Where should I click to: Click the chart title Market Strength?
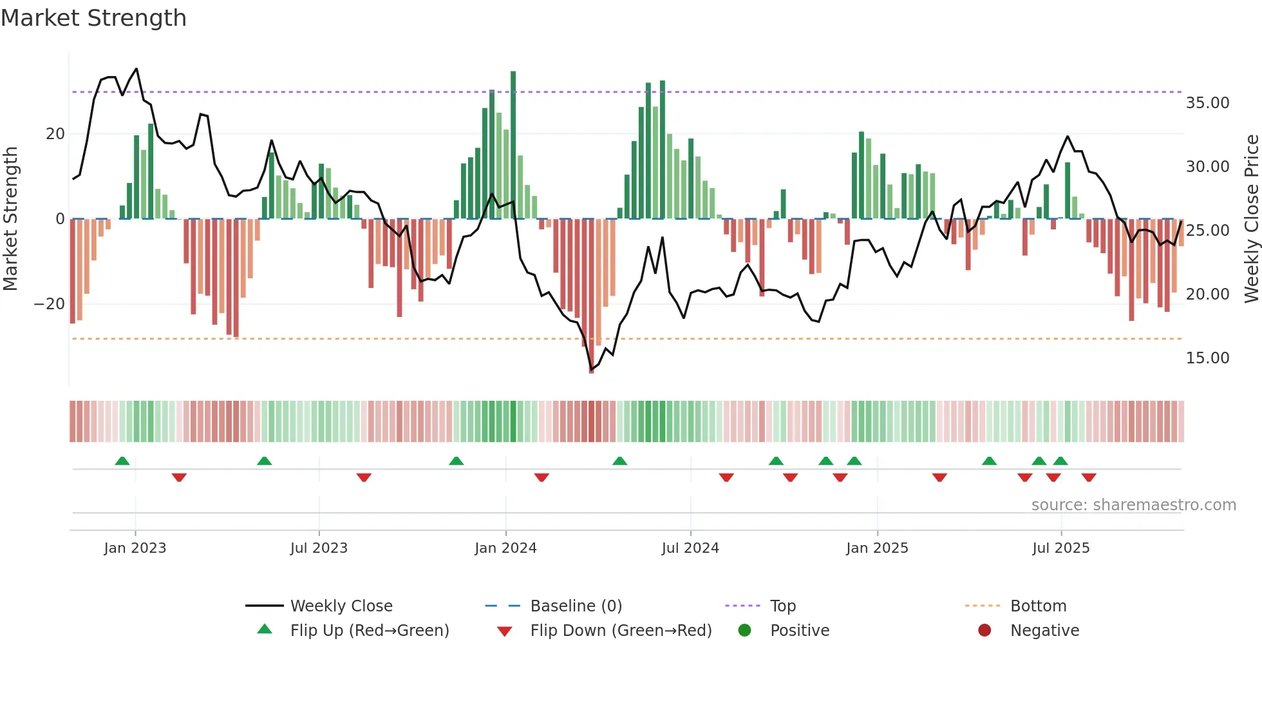pyautogui.click(x=93, y=18)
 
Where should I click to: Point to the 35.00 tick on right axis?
pyautogui.click(x=1207, y=103)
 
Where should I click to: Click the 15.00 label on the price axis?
pyautogui.click(x=1207, y=358)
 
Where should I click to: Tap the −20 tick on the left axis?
pyautogui.click(x=49, y=304)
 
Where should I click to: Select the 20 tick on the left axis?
pyautogui.click(x=55, y=134)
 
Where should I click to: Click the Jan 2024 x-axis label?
pyautogui.click(x=505, y=548)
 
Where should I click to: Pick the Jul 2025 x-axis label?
pyautogui.click(x=1060, y=548)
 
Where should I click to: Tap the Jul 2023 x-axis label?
pyautogui.click(x=319, y=548)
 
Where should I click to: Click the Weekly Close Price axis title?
pyautogui.click(x=1251, y=219)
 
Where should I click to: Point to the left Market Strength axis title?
pyautogui.click(x=10, y=219)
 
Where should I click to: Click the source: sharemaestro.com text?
pyautogui.click(x=1133, y=505)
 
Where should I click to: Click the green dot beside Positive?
pyautogui.click(x=745, y=631)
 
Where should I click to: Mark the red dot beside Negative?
pyautogui.click(x=984, y=631)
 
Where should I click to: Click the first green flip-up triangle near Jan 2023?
pyautogui.click(x=122, y=461)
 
